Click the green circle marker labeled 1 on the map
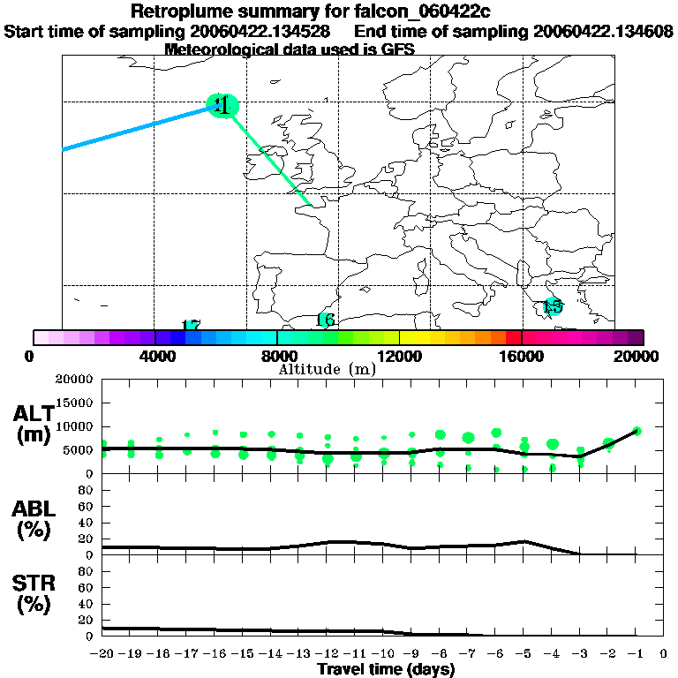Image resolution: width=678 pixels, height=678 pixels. pyautogui.click(x=223, y=105)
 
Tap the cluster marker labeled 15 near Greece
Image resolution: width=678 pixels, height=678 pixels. pyautogui.click(x=553, y=306)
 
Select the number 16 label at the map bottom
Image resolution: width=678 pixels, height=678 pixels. pyautogui.click(x=325, y=320)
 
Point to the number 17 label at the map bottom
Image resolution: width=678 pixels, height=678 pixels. pyautogui.click(x=191, y=326)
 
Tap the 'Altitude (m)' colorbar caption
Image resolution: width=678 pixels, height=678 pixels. pyautogui.click(x=327, y=369)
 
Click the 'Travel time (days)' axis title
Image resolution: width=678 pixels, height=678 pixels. pyautogui.click(x=386, y=669)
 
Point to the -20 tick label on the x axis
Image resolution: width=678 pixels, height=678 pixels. pyautogui.click(x=103, y=653)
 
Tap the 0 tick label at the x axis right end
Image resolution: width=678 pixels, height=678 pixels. pyautogui.click(x=663, y=653)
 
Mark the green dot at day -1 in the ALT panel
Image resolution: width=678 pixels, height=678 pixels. pyautogui.click(x=636, y=431)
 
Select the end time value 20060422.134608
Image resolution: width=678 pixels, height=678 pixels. pyautogui.click(x=603, y=31)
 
